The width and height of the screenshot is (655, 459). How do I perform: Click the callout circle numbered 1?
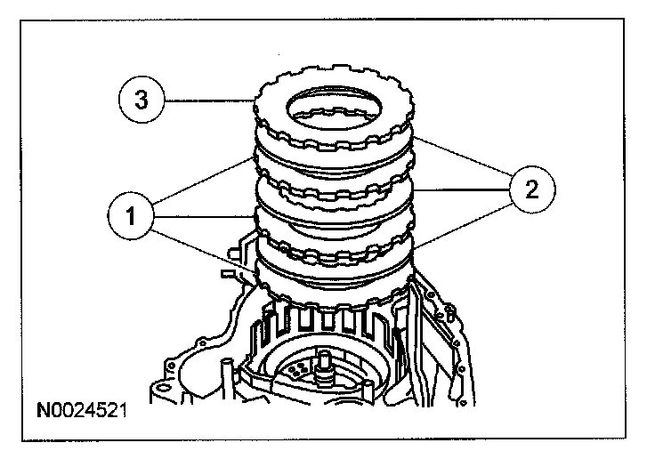click(132, 213)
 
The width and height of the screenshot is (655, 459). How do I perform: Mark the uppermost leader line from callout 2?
click(462, 161)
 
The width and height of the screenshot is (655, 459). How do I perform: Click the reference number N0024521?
click(81, 411)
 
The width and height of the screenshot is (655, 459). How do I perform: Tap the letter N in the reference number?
click(43, 411)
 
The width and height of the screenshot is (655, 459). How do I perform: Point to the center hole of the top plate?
click(334, 109)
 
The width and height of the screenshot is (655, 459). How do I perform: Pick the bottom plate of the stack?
click(334, 285)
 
